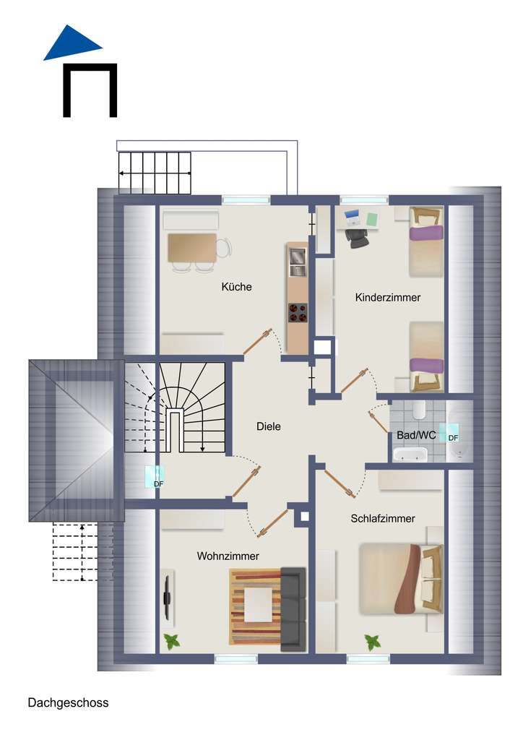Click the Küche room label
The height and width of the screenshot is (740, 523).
[x=236, y=287]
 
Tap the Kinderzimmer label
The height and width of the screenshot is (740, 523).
[x=387, y=297]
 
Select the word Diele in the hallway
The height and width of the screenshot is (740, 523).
[x=268, y=426]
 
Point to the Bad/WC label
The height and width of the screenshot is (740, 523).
[x=415, y=435]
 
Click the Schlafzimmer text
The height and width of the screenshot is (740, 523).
[x=382, y=518]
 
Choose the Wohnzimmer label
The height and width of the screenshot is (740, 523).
[x=228, y=556]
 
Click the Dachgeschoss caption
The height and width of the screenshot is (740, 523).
[x=68, y=702]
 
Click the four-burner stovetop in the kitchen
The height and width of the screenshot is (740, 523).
[x=297, y=313]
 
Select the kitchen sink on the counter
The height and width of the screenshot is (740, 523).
[x=297, y=261]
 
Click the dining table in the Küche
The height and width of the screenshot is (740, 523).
[x=192, y=248]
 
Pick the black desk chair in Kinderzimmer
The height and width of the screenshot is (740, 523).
[x=355, y=237]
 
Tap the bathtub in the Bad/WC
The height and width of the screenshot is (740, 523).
[x=410, y=455]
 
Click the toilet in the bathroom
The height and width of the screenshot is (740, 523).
[x=418, y=411]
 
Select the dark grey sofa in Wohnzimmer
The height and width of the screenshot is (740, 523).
[x=293, y=608]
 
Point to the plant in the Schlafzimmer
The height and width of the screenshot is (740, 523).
[x=373, y=641]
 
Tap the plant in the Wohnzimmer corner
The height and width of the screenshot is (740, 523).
[x=172, y=640]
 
